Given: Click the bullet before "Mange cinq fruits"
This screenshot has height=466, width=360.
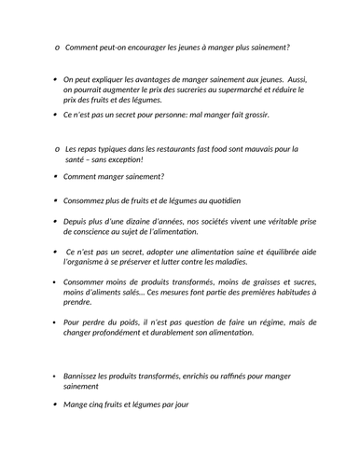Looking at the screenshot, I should tap(55, 404).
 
